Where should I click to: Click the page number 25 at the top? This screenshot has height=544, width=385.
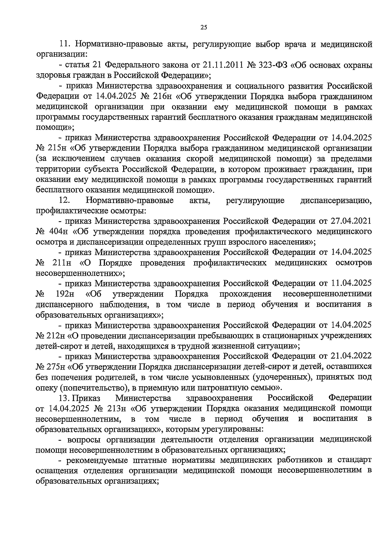[x=204, y=28]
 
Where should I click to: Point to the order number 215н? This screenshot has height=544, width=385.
[x=56, y=148]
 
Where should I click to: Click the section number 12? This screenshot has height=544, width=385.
[x=64, y=201]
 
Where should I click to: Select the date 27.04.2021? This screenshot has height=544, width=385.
[x=350, y=221]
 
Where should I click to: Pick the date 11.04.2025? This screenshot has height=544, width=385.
[x=350, y=283]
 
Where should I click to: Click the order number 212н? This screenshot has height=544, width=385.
[x=56, y=335]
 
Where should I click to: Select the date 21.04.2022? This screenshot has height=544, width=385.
[x=350, y=356]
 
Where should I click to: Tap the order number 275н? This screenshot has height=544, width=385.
[x=56, y=366]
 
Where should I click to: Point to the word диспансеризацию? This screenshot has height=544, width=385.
[x=336, y=201]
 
